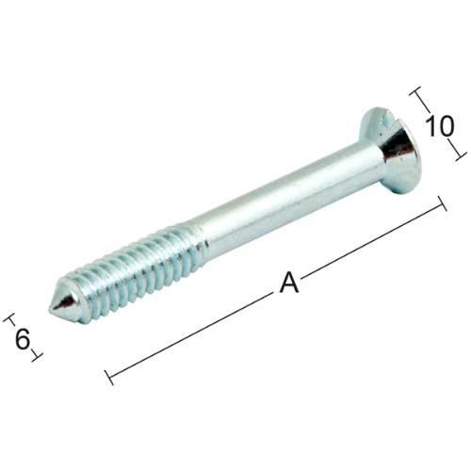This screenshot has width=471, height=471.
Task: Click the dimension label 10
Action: (440, 126)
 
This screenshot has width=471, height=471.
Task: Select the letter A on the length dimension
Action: (289, 283)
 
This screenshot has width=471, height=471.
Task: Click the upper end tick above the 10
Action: (415, 91)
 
